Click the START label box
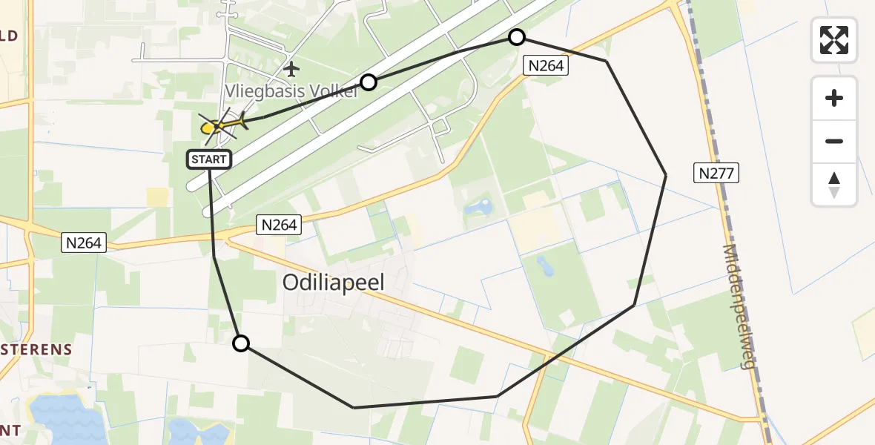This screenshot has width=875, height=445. [x=209, y=159]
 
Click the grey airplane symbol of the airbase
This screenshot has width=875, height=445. [x=291, y=70]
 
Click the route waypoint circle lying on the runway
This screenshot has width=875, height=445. [x=368, y=82]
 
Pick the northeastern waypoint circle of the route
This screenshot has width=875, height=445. [x=516, y=37]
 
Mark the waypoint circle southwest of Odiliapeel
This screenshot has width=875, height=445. [x=241, y=343]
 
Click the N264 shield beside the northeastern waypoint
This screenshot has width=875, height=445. [x=546, y=65]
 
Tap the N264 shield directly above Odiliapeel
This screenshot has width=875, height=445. [x=279, y=225]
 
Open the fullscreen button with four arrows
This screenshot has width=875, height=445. [x=834, y=39]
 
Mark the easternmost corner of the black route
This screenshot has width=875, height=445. [x=666, y=174]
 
